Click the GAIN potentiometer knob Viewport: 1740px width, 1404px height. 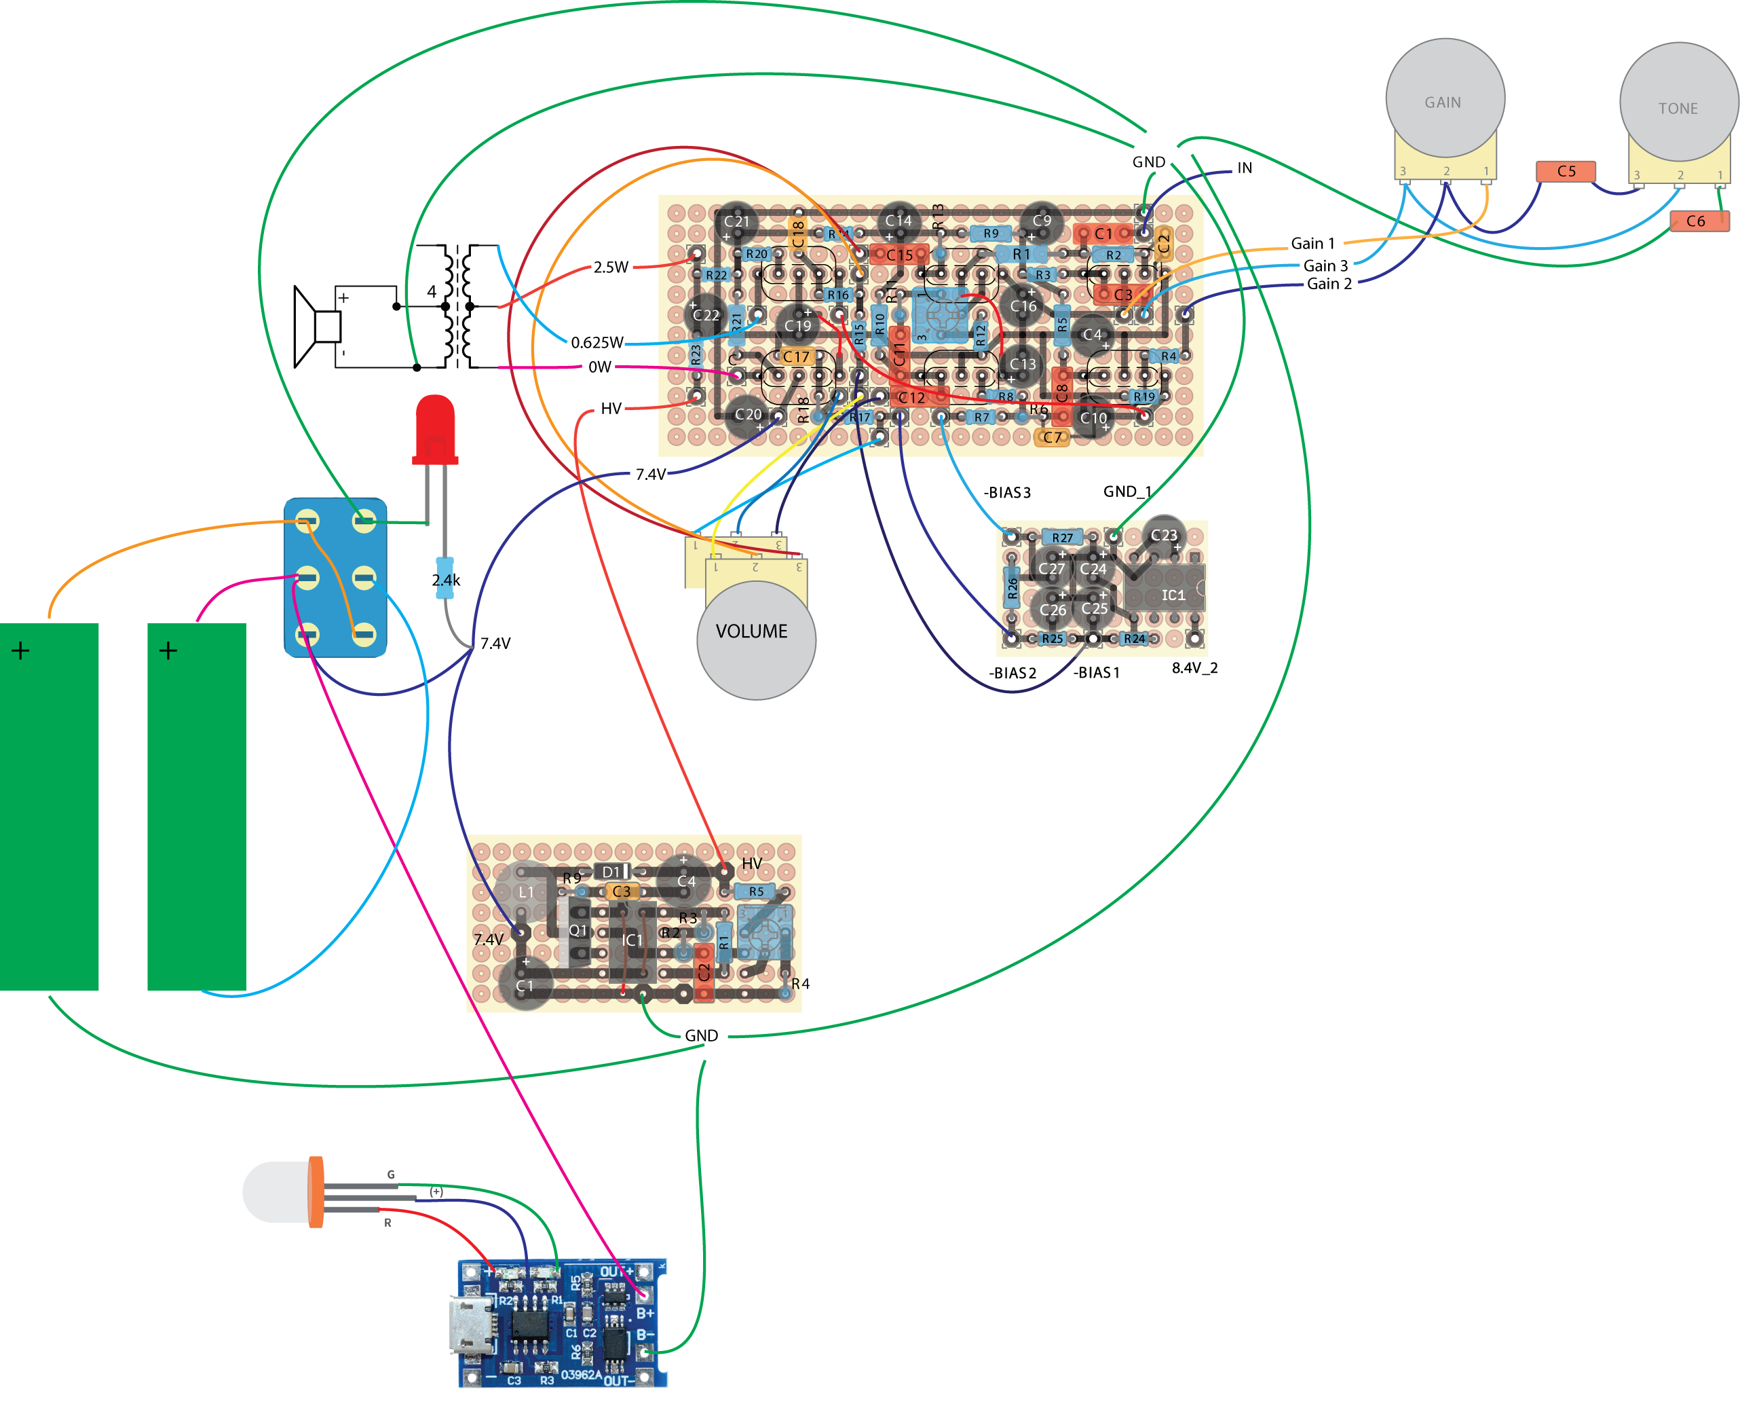(1445, 98)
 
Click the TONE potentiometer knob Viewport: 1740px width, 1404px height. (1678, 103)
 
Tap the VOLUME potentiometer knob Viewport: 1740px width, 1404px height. (756, 639)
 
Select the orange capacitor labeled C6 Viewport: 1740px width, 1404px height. (1699, 221)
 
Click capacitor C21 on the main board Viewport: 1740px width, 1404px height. (736, 221)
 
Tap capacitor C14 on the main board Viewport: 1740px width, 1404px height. (899, 220)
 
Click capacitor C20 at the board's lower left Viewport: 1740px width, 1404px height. (747, 415)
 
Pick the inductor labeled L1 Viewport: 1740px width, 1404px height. (525, 891)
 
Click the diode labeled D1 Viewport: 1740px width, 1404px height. (613, 871)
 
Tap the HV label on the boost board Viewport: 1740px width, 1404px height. (751, 864)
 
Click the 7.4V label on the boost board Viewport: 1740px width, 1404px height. (489, 939)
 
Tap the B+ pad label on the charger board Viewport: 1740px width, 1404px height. (645, 1314)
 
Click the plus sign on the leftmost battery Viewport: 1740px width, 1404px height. (21, 650)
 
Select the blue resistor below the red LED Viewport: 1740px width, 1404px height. (444, 578)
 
